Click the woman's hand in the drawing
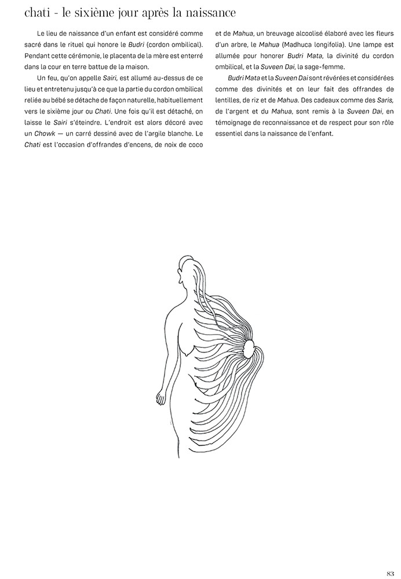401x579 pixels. (161, 398)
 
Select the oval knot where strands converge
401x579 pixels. (249, 348)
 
